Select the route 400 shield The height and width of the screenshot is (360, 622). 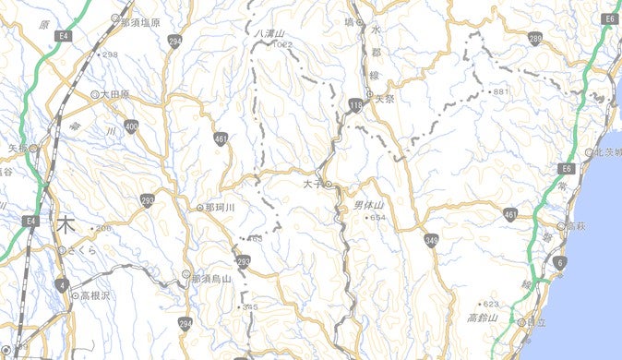coord(132,126)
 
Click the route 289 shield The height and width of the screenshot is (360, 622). coord(535,38)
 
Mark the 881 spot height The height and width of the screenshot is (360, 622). coord(501,92)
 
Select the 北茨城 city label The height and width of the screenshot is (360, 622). coord(608,152)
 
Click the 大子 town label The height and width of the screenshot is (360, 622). coord(312,185)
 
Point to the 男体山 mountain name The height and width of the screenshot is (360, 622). coord(368,205)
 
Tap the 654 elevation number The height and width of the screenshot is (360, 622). coord(377,217)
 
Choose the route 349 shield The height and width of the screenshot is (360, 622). coord(432,241)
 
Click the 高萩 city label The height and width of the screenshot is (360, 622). coord(576,226)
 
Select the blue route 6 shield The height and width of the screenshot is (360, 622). coord(558,263)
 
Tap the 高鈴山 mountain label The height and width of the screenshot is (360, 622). coord(483,318)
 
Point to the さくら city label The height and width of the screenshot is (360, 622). coord(81,250)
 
